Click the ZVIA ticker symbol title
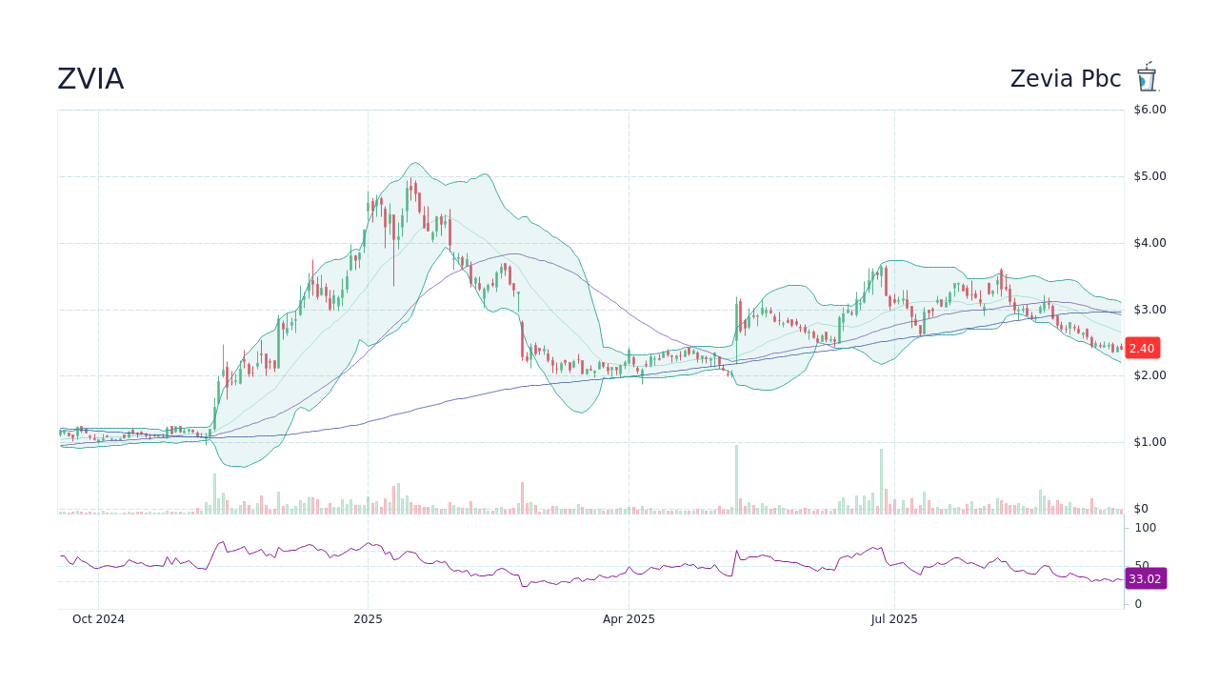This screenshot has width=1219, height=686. [90, 79]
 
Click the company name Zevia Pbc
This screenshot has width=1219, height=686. [1066, 79]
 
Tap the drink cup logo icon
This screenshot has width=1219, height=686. [1146, 77]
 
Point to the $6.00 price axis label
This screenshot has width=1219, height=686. [1149, 110]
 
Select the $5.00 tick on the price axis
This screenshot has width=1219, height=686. [1149, 176]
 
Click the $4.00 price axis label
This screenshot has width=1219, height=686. [1149, 243]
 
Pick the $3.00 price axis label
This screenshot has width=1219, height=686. [1149, 310]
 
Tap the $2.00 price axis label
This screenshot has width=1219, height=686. [1149, 375]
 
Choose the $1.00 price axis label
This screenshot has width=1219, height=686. [1149, 442]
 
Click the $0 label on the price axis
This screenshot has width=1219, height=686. [1141, 509]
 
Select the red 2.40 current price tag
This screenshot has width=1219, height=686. [1141, 349]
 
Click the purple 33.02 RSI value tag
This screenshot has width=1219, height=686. [1145, 578]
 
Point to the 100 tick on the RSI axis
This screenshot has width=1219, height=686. [1145, 528]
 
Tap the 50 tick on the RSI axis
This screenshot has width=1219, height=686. [1141, 565]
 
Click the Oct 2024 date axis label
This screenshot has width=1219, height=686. [98, 619]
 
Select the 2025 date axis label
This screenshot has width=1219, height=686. [368, 619]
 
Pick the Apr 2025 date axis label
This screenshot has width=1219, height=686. [629, 619]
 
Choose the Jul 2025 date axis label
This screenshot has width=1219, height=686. [895, 619]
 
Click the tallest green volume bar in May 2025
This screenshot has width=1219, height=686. [736, 480]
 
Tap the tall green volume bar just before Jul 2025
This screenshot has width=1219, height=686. [881, 482]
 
